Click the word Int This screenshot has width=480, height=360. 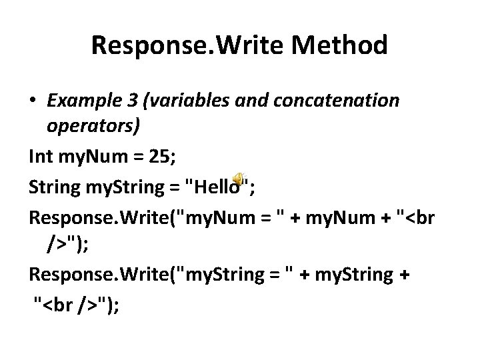click(41, 158)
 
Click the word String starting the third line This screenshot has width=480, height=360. click(51, 187)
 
